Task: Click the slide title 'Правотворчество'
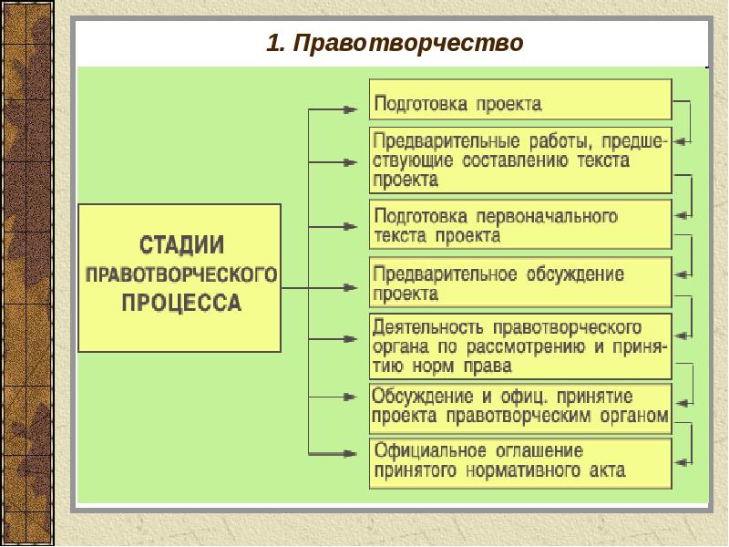click(409, 43)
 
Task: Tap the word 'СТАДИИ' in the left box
click(181, 246)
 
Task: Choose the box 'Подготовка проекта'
click(520, 99)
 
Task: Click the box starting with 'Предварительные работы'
click(520, 160)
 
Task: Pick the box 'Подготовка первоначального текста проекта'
click(520, 225)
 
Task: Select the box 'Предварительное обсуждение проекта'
click(520, 284)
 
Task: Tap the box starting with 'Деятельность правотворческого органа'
click(520, 346)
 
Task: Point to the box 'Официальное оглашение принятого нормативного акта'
click(520, 461)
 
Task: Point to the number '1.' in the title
click(276, 43)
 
